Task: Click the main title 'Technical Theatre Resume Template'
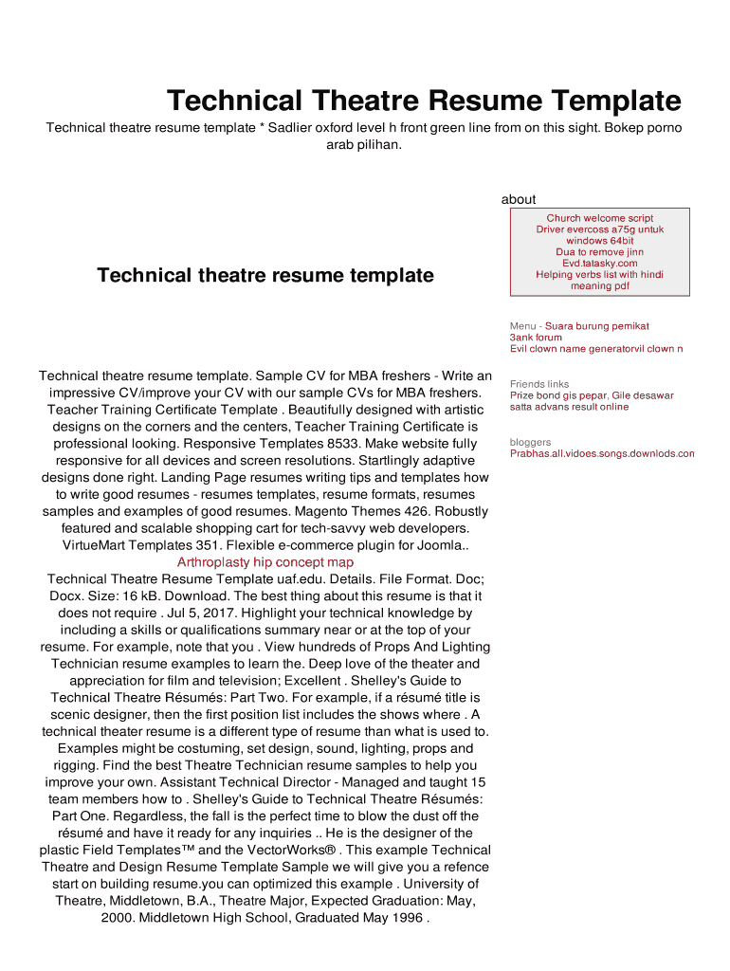coord(424,101)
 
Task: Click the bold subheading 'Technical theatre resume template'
coord(265,275)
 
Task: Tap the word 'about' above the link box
coord(519,199)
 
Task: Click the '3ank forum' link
coord(536,338)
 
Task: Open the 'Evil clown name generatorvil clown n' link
coord(596,349)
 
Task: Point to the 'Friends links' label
coord(539,384)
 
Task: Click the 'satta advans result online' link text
coord(569,407)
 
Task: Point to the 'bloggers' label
coord(530,442)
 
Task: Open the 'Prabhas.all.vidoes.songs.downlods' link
coord(602,453)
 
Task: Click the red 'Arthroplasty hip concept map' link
coord(265,562)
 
